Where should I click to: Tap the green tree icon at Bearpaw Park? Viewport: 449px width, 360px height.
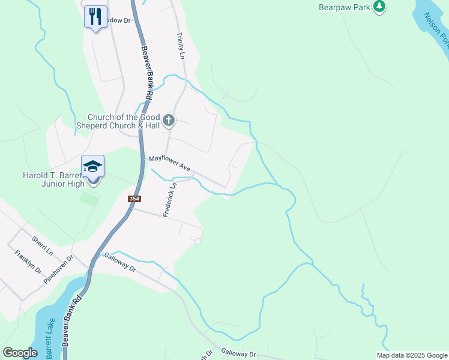379,7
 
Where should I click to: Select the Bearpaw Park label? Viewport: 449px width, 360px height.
344,8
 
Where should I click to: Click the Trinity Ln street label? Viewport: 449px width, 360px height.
180,46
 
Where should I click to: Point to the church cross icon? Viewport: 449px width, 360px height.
169,121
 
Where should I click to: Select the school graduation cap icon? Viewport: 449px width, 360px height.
93,166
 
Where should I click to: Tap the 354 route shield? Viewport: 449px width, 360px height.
134,199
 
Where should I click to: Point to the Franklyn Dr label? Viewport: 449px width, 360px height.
28,263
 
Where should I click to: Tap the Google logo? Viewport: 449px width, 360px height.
20,353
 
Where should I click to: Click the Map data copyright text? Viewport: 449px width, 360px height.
411,355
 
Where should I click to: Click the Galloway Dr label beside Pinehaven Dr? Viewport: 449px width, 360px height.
120,262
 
